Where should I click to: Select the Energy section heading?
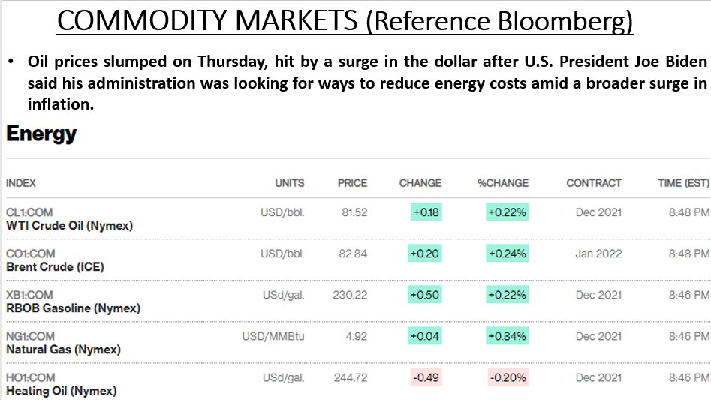41,134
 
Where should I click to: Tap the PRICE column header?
352,183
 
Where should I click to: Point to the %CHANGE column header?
503,183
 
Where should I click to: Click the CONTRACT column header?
594,183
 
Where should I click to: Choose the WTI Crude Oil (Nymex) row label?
69,226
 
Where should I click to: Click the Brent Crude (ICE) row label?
55,267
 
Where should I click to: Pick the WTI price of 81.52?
354,212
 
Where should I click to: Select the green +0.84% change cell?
508,336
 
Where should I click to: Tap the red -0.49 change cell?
426,377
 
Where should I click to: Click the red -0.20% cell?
508,377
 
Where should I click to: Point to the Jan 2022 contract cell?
598,254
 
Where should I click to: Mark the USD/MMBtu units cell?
273,336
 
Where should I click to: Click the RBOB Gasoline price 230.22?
350,295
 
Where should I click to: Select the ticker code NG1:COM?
30,336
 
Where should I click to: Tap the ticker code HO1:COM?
30,377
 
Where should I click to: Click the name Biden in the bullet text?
686,61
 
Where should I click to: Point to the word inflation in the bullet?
61,104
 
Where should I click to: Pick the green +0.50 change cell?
424,295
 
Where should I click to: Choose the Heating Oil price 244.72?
351,377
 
